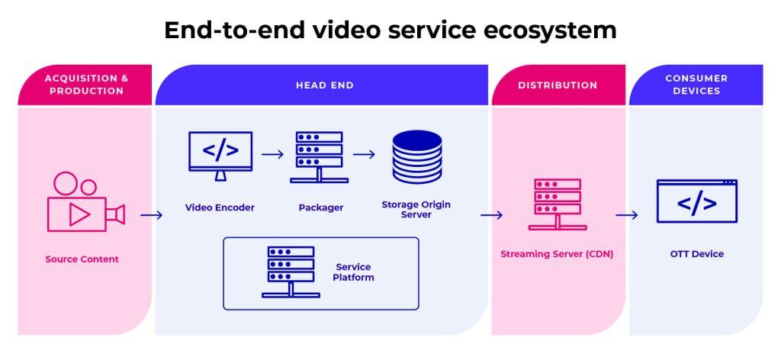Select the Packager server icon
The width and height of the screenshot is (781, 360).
click(319, 157)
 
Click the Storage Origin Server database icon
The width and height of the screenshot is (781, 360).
click(416, 157)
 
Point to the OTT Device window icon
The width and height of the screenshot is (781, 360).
click(696, 201)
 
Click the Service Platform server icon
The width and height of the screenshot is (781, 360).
click(291, 272)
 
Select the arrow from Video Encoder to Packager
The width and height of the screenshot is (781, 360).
click(272, 154)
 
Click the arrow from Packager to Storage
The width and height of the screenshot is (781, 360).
click(364, 154)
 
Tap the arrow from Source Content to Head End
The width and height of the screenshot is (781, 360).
click(152, 215)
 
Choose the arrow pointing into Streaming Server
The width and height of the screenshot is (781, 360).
click(491, 215)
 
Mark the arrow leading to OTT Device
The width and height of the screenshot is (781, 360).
click(627, 215)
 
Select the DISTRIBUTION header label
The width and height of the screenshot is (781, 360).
click(558, 85)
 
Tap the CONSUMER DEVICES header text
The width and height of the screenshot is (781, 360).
click(696, 85)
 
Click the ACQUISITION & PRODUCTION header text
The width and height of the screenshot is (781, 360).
click(86, 85)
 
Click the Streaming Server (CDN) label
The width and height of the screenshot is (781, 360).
click(557, 254)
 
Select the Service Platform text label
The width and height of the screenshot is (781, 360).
click(353, 272)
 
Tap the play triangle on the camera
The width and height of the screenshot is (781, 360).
click(79, 215)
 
